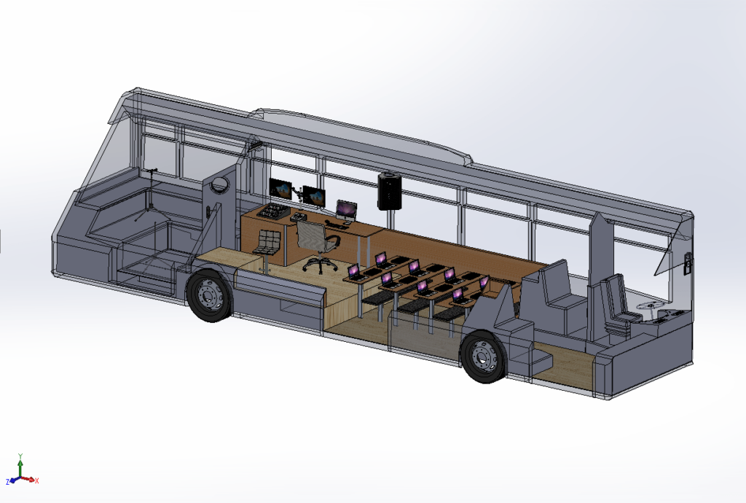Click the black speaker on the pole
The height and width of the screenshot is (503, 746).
pos(390,191)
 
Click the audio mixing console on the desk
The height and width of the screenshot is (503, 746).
pos(274,211)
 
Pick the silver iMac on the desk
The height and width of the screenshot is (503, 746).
pos(346,211)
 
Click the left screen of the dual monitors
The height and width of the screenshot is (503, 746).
pos(280,189)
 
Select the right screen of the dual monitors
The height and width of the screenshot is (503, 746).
pos(314,196)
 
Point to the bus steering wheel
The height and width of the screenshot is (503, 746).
pos(650,306)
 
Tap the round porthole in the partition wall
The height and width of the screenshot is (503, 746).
pos(221,184)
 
